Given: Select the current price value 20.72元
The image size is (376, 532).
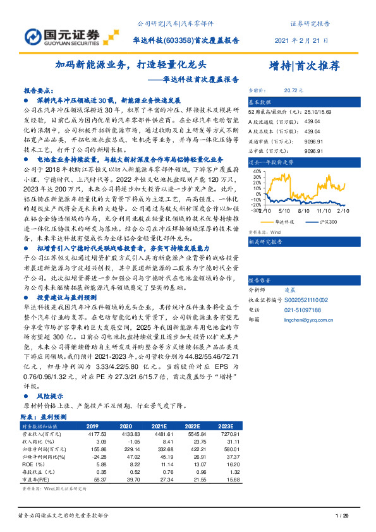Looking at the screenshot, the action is coord(294,91).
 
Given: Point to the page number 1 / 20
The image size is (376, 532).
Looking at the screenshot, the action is coord(342,516).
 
